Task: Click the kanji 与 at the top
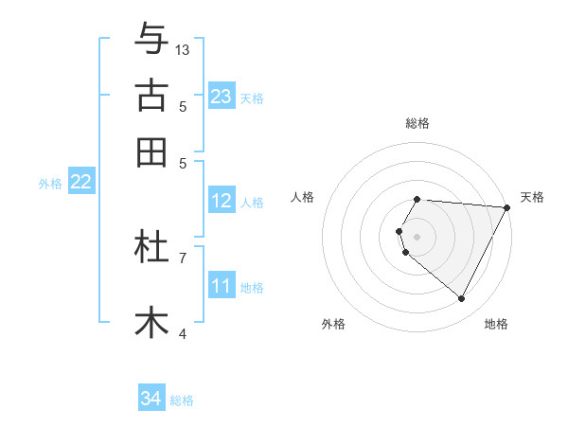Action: click(151, 40)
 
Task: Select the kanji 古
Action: click(151, 97)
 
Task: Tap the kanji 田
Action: click(151, 152)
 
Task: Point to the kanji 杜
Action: click(151, 248)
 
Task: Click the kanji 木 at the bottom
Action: click(151, 322)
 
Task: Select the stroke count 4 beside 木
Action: click(183, 333)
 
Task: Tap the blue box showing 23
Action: click(222, 97)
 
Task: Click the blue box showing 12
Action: click(222, 201)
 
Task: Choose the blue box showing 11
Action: click(222, 286)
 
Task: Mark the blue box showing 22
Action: click(80, 183)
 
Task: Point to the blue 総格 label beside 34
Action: click(183, 400)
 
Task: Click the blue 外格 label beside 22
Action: click(50, 184)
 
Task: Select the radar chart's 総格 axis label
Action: click(417, 123)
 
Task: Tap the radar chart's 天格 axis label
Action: click(532, 197)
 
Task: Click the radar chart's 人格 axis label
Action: click(303, 197)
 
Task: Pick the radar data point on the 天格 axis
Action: click(507, 206)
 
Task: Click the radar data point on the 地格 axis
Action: click(462, 299)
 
